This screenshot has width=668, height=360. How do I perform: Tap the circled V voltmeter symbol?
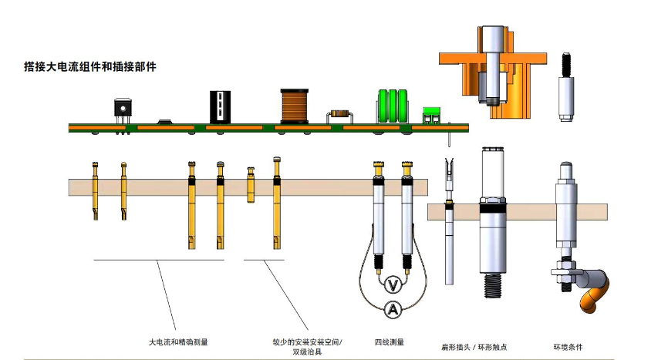[x=393, y=285]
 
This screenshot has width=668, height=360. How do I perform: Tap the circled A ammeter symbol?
[x=393, y=310]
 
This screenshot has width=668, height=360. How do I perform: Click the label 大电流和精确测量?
[x=178, y=341]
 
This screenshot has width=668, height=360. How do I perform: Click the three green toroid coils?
[x=392, y=106]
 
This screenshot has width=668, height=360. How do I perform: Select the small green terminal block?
[x=430, y=116]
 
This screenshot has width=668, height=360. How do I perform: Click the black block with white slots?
[x=220, y=106]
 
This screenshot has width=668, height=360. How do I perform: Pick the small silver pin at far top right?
[x=565, y=89]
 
